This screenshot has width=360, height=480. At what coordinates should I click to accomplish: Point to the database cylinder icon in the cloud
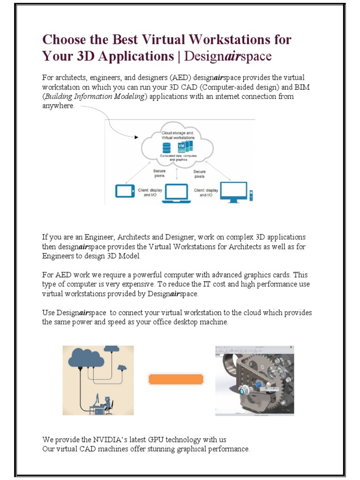pyautogui.click(x=166, y=148)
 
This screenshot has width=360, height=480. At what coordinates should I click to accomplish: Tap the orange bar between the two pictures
pyautogui.click(x=176, y=379)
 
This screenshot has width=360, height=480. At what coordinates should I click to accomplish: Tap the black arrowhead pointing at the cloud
pyautogui.click(x=136, y=137)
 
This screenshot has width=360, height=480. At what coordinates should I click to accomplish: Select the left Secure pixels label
pyautogui.click(x=159, y=174)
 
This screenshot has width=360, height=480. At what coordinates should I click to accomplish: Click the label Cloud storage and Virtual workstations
pyautogui.click(x=174, y=135)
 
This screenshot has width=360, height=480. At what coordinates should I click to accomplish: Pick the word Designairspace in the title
pyautogui.click(x=228, y=56)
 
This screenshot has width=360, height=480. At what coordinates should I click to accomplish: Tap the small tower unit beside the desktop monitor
pyautogui.click(x=251, y=194)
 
